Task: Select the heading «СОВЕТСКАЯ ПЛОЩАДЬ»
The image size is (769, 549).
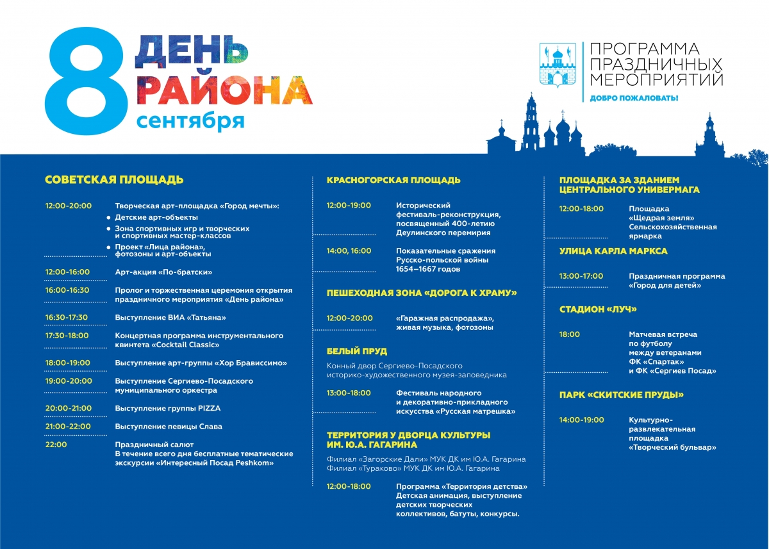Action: click(x=114, y=180)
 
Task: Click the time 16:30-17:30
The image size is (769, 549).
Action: click(x=67, y=317)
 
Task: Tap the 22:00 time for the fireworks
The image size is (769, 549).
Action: click(x=56, y=444)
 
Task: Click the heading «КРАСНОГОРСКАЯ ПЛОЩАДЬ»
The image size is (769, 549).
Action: click(x=393, y=180)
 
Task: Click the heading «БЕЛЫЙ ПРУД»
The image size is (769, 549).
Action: click(x=357, y=351)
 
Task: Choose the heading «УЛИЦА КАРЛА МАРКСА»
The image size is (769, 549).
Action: click(x=613, y=250)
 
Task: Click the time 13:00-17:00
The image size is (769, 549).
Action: click(x=581, y=276)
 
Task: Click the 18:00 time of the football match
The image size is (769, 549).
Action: click(x=570, y=334)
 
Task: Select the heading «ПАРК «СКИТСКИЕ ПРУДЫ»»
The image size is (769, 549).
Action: click(x=621, y=395)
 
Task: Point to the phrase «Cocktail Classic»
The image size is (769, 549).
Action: click(x=185, y=344)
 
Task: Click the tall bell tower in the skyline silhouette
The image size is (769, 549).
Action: click(x=531, y=122)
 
